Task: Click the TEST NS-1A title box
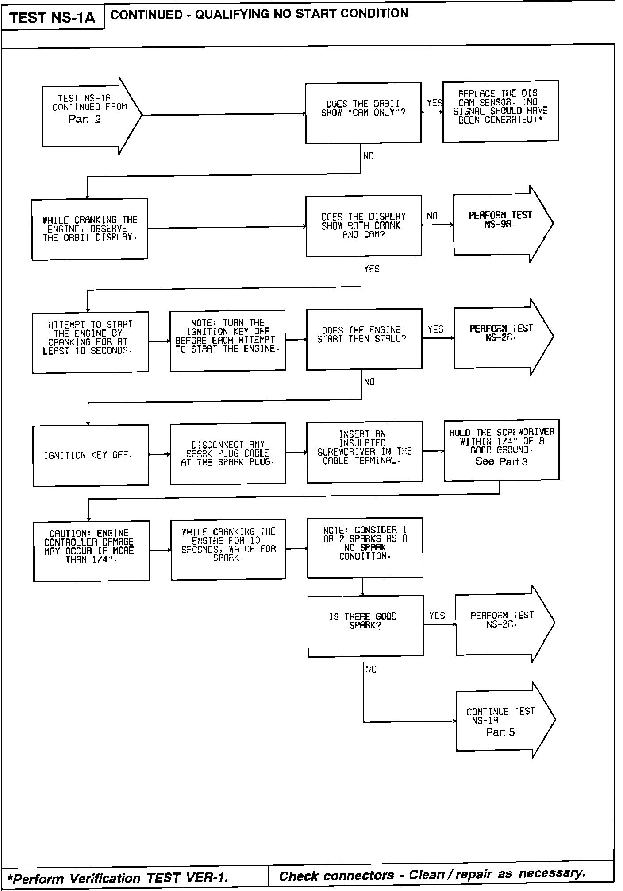click(52, 18)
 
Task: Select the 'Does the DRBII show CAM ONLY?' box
click(363, 113)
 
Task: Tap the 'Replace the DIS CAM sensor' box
click(500, 111)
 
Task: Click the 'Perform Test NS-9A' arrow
click(500, 224)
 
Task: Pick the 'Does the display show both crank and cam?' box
click(363, 226)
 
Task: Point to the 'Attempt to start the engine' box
click(90, 342)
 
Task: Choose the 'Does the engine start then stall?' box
click(364, 339)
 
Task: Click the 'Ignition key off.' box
click(90, 455)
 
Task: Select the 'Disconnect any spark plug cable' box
click(227, 453)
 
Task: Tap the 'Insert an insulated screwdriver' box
click(364, 452)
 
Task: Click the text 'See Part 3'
click(501, 461)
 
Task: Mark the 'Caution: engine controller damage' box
click(91, 551)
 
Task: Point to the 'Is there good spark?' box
click(365, 626)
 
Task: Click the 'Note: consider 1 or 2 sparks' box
click(365, 548)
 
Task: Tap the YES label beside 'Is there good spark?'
click(437, 616)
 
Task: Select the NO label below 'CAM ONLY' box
click(369, 156)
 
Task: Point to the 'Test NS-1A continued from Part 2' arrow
click(88, 116)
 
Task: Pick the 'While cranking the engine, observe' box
click(89, 229)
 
